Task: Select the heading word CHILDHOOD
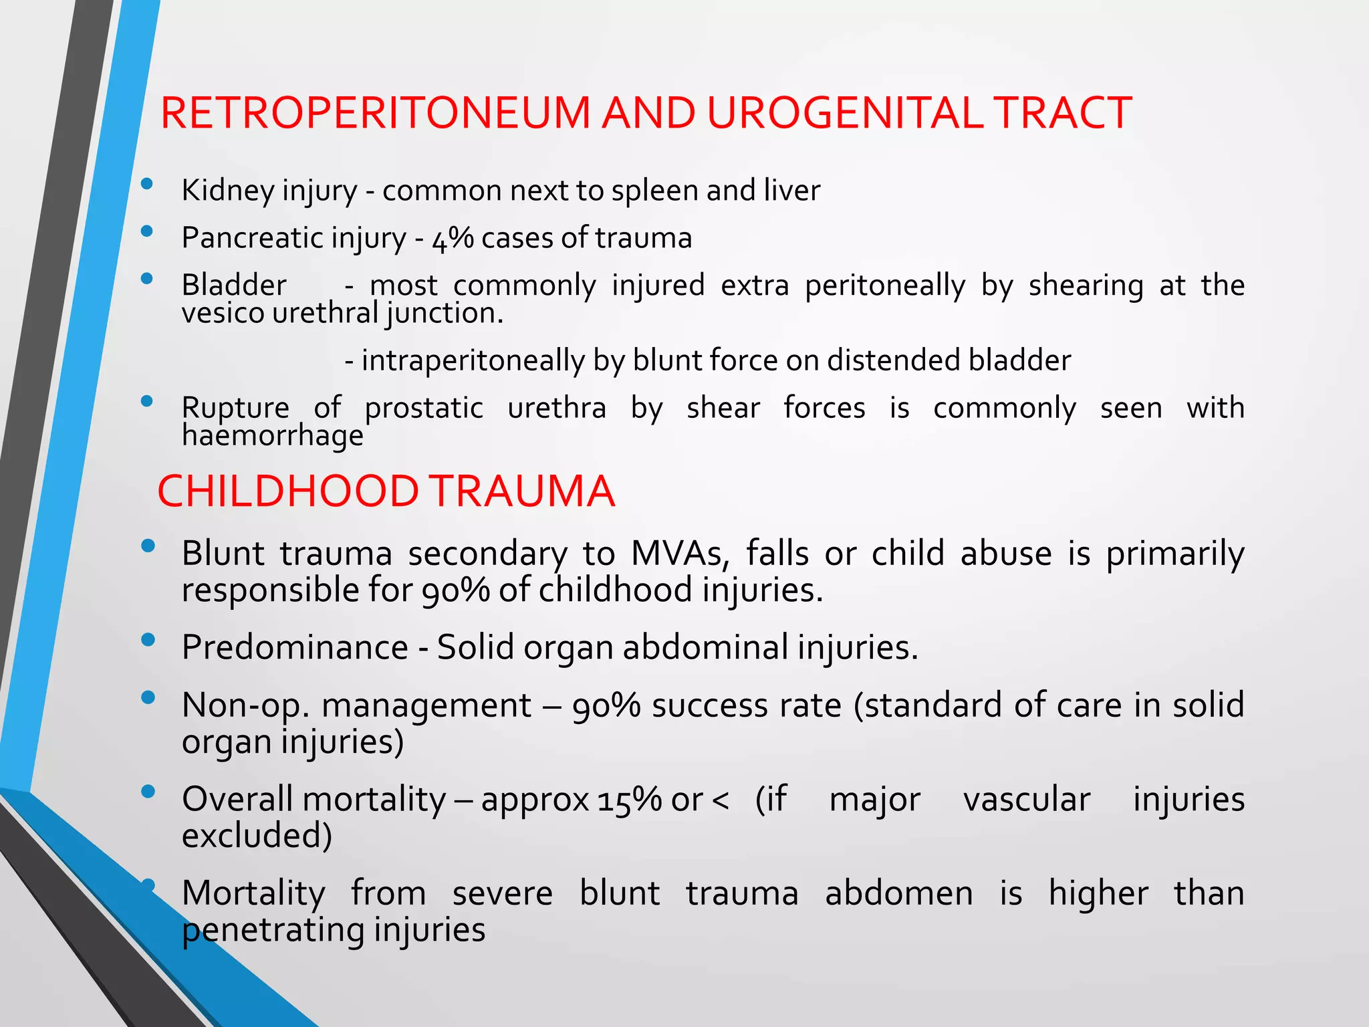(287, 491)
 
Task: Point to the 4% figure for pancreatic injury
(453, 238)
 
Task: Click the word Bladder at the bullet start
(234, 286)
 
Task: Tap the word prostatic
(424, 408)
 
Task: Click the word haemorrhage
(273, 436)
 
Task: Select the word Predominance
(295, 647)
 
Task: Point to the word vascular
(1026, 800)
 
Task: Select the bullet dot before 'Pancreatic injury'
(147, 232)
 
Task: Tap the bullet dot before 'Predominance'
(148, 640)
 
